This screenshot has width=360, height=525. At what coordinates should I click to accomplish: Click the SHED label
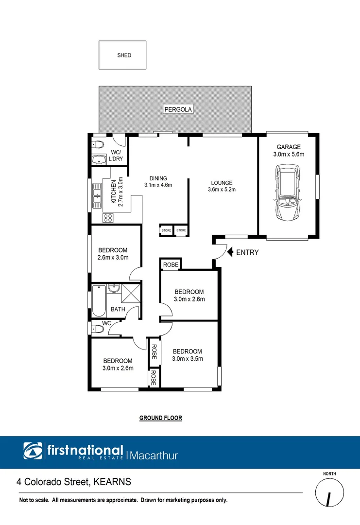click(124, 55)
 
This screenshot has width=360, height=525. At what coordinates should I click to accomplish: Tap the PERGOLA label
click(178, 110)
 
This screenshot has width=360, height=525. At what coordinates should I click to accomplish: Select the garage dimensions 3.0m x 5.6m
click(289, 155)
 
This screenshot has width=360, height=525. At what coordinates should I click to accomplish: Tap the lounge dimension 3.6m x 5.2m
click(221, 190)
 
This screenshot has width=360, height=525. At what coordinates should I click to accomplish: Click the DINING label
click(158, 178)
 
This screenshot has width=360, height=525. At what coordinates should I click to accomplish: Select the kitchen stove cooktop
click(108, 218)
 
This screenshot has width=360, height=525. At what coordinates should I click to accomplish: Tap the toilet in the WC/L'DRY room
click(98, 144)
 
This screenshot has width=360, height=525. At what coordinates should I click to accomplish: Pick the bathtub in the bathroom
click(98, 299)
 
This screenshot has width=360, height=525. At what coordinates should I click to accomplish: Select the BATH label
click(118, 309)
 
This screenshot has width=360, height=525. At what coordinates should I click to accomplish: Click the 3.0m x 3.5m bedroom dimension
click(187, 359)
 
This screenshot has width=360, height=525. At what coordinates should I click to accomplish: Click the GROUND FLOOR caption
click(160, 418)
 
